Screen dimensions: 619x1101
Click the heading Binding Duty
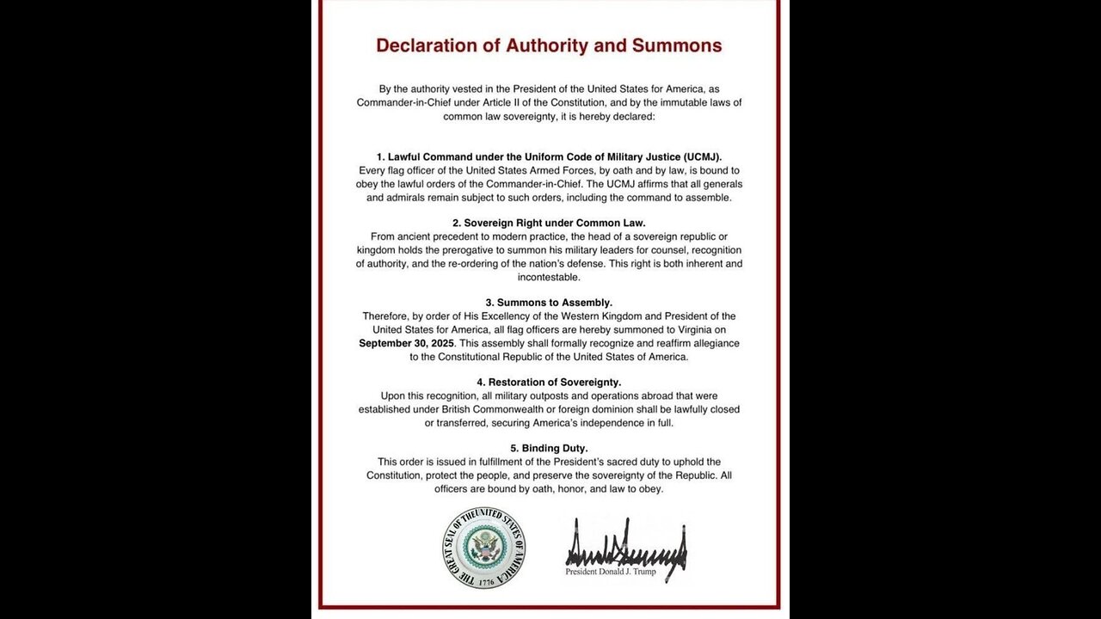click(x=549, y=448)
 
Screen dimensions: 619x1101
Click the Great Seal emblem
click(x=485, y=548)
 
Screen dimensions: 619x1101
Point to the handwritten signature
click(x=625, y=543)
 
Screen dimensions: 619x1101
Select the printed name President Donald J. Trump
click(x=610, y=572)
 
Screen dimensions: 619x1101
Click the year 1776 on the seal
click(x=485, y=582)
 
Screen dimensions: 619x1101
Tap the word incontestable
click(x=549, y=277)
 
